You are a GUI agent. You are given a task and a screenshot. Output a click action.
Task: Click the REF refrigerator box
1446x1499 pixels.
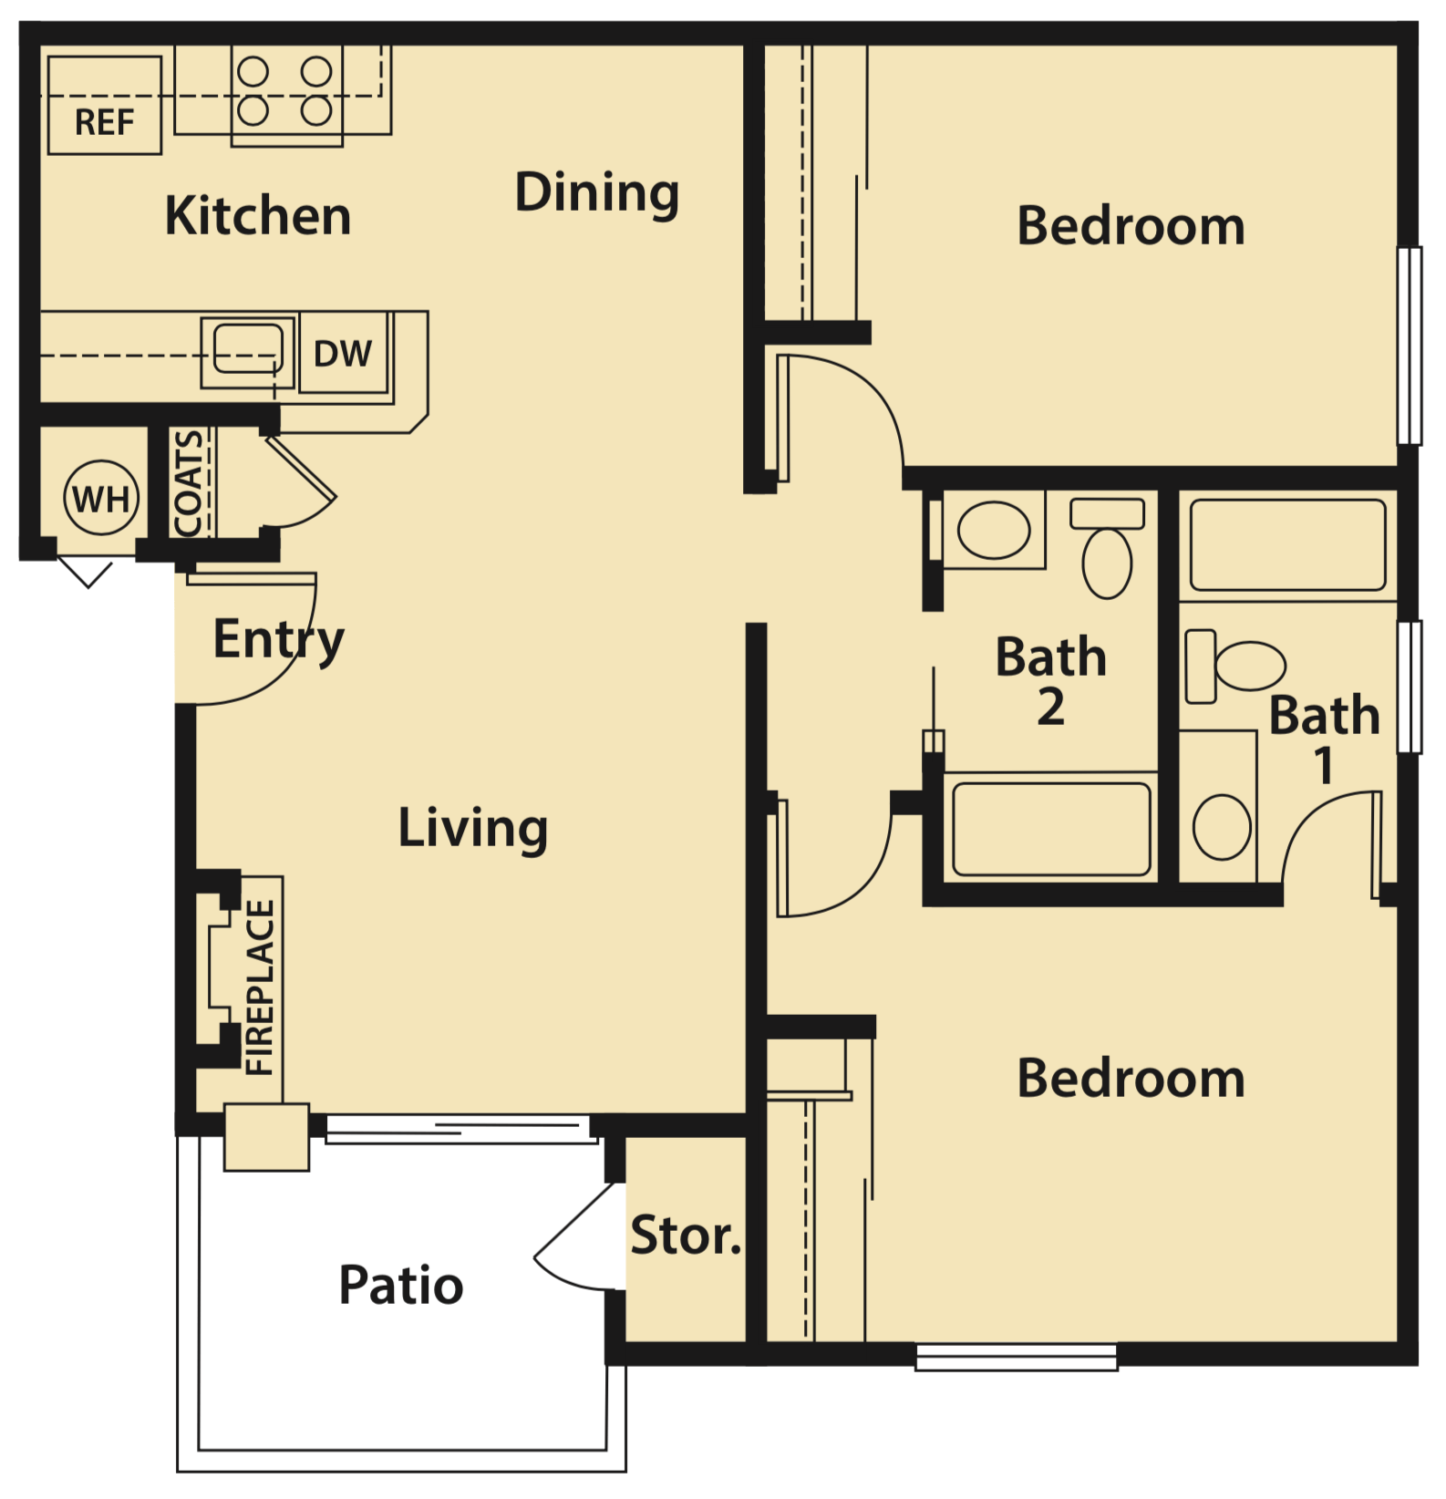pos(104,106)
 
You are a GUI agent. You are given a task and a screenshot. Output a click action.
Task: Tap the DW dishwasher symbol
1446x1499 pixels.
pos(343,354)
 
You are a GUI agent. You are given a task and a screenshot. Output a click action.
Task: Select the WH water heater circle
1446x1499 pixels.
pos(101,499)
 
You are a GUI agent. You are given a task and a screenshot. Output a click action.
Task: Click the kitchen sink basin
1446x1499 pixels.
pos(247,350)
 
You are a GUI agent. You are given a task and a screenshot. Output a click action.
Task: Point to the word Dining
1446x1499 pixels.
pos(597,193)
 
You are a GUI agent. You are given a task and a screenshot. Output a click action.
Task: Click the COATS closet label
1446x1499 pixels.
pos(189,483)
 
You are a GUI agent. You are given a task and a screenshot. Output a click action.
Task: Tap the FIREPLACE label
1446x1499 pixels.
pos(260,987)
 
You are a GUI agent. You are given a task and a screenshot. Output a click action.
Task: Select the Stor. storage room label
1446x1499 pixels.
pos(686,1236)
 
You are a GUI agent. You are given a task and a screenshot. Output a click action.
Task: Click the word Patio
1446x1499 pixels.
pos(401,1286)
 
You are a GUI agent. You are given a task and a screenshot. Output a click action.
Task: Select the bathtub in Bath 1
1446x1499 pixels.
pos(1287,544)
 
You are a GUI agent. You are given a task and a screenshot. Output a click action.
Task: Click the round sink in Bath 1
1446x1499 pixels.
pos(1221,827)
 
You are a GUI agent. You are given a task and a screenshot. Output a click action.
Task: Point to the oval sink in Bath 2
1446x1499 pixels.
pos(994,530)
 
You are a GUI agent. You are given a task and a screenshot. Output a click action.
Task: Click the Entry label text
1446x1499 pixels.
pos(278,639)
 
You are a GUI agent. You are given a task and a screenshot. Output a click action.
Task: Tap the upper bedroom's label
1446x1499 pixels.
pos(1131,226)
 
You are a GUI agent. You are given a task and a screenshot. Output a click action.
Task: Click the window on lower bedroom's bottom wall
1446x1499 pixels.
pos(1016,1357)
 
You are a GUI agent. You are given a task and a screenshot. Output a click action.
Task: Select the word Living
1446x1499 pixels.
pos(473,828)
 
